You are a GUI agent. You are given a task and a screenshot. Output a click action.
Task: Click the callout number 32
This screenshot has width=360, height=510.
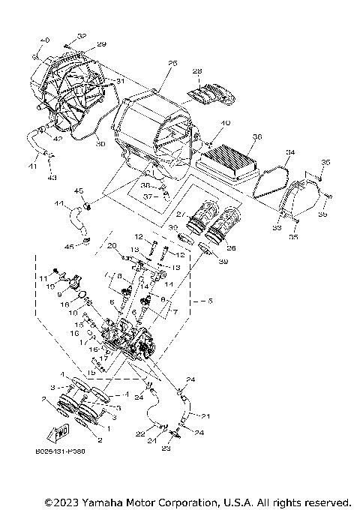tap(82, 36)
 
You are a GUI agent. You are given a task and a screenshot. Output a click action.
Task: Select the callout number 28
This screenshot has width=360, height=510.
tap(197, 72)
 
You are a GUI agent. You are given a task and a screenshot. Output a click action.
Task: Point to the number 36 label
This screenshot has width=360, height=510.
tap(256, 137)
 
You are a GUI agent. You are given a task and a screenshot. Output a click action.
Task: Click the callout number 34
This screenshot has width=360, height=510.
tap(289, 153)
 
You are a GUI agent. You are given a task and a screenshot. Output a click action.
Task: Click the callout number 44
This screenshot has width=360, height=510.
tap(58, 203)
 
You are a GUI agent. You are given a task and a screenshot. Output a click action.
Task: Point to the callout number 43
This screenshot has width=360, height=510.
tap(51, 177)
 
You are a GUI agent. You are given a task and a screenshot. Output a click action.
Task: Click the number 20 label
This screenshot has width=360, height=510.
tap(112, 245)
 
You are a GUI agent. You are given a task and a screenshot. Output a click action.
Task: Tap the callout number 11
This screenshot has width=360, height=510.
tap(43, 278)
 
